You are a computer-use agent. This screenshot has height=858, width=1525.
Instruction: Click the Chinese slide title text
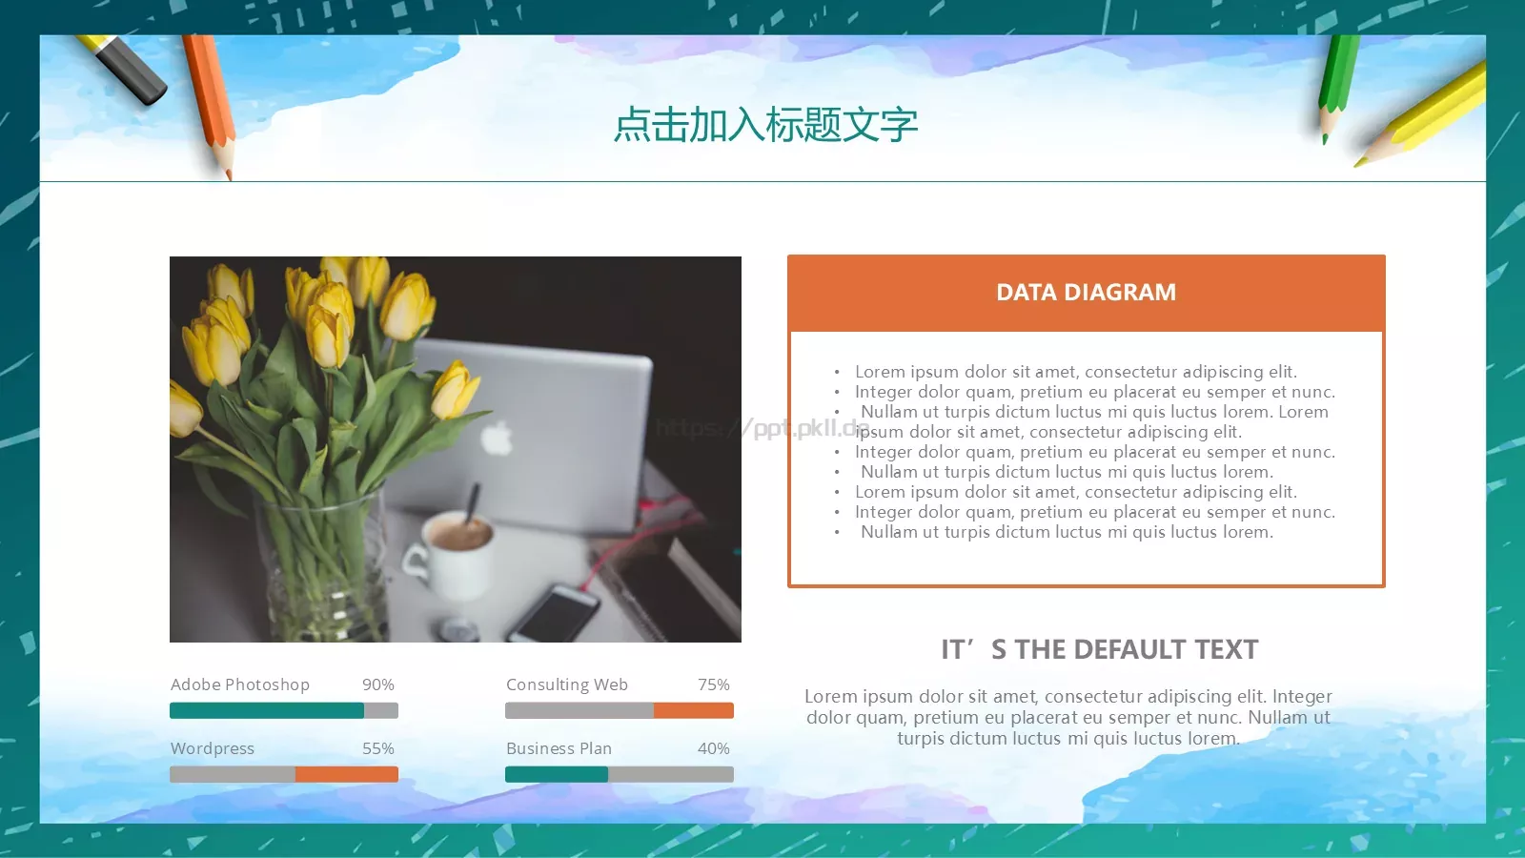[765, 125]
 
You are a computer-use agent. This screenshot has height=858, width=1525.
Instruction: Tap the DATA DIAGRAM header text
[1086, 293]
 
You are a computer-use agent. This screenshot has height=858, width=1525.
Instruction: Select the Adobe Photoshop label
[240, 684]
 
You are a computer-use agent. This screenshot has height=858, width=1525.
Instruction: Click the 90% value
[377, 684]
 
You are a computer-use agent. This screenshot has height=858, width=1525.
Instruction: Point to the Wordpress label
[213, 748]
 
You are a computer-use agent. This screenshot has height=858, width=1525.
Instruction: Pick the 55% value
[377, 748]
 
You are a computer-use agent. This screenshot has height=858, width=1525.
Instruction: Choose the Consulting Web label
[567, 684]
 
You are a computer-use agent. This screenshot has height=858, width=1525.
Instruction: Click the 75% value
[713, 684]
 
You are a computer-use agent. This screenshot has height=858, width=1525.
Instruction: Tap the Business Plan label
[559, 748]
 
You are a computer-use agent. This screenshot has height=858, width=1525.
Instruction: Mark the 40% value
[713, 748]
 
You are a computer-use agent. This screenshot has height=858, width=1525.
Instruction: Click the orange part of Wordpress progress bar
[346, 774]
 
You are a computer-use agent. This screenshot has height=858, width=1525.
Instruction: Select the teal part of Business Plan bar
[557, 774]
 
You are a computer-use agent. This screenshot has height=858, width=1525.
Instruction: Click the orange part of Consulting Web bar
[693, 710]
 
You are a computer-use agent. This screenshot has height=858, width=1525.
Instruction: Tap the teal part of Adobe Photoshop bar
[267, 710]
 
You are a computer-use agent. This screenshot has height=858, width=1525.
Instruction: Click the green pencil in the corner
[1337, 81]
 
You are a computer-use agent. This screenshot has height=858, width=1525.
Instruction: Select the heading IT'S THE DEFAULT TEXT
[1099, 649]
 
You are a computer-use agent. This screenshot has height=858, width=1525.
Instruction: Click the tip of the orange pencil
[229, 176]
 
